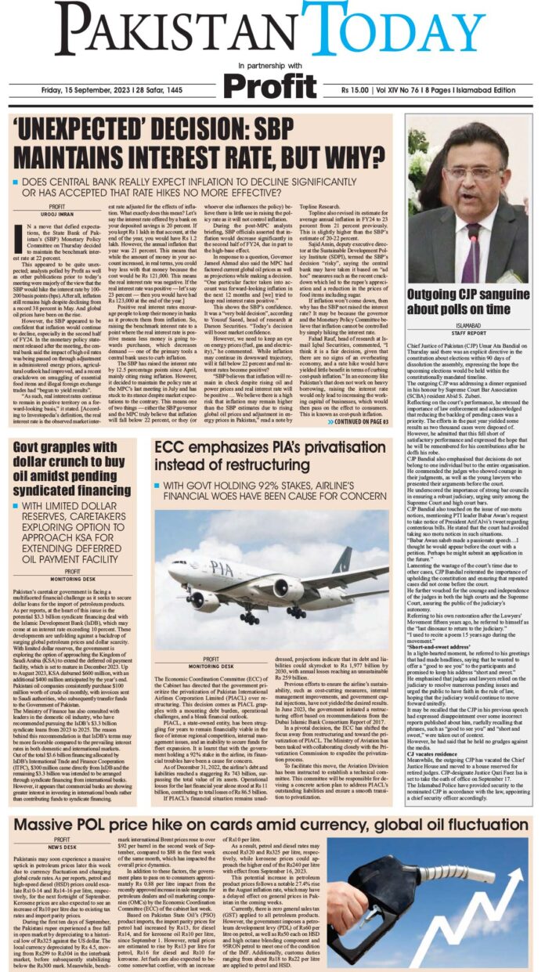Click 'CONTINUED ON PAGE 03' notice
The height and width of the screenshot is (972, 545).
(357, 421)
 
